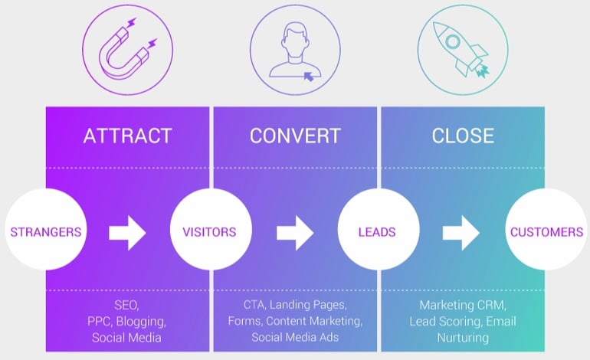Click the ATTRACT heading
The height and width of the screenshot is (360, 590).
[x=127, y=136]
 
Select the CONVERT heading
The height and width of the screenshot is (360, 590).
[x=295, y=136]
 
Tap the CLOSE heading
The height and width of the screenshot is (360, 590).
[x=463, y=136]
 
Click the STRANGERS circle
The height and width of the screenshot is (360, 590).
[x=46, y=231]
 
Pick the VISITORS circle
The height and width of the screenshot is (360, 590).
[x=210, y=231]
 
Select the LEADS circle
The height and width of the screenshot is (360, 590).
[x=378, y=231]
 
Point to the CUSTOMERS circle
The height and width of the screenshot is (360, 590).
[x=546, y=231]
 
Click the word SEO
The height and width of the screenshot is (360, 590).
[x=127, y=305]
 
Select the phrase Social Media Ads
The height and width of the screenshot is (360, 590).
[x=295, y=337]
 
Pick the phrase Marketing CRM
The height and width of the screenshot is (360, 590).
[x=463, y=305]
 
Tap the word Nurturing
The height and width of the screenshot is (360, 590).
[x=463, y=337]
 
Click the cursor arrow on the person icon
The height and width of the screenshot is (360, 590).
[x=308, y=76]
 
